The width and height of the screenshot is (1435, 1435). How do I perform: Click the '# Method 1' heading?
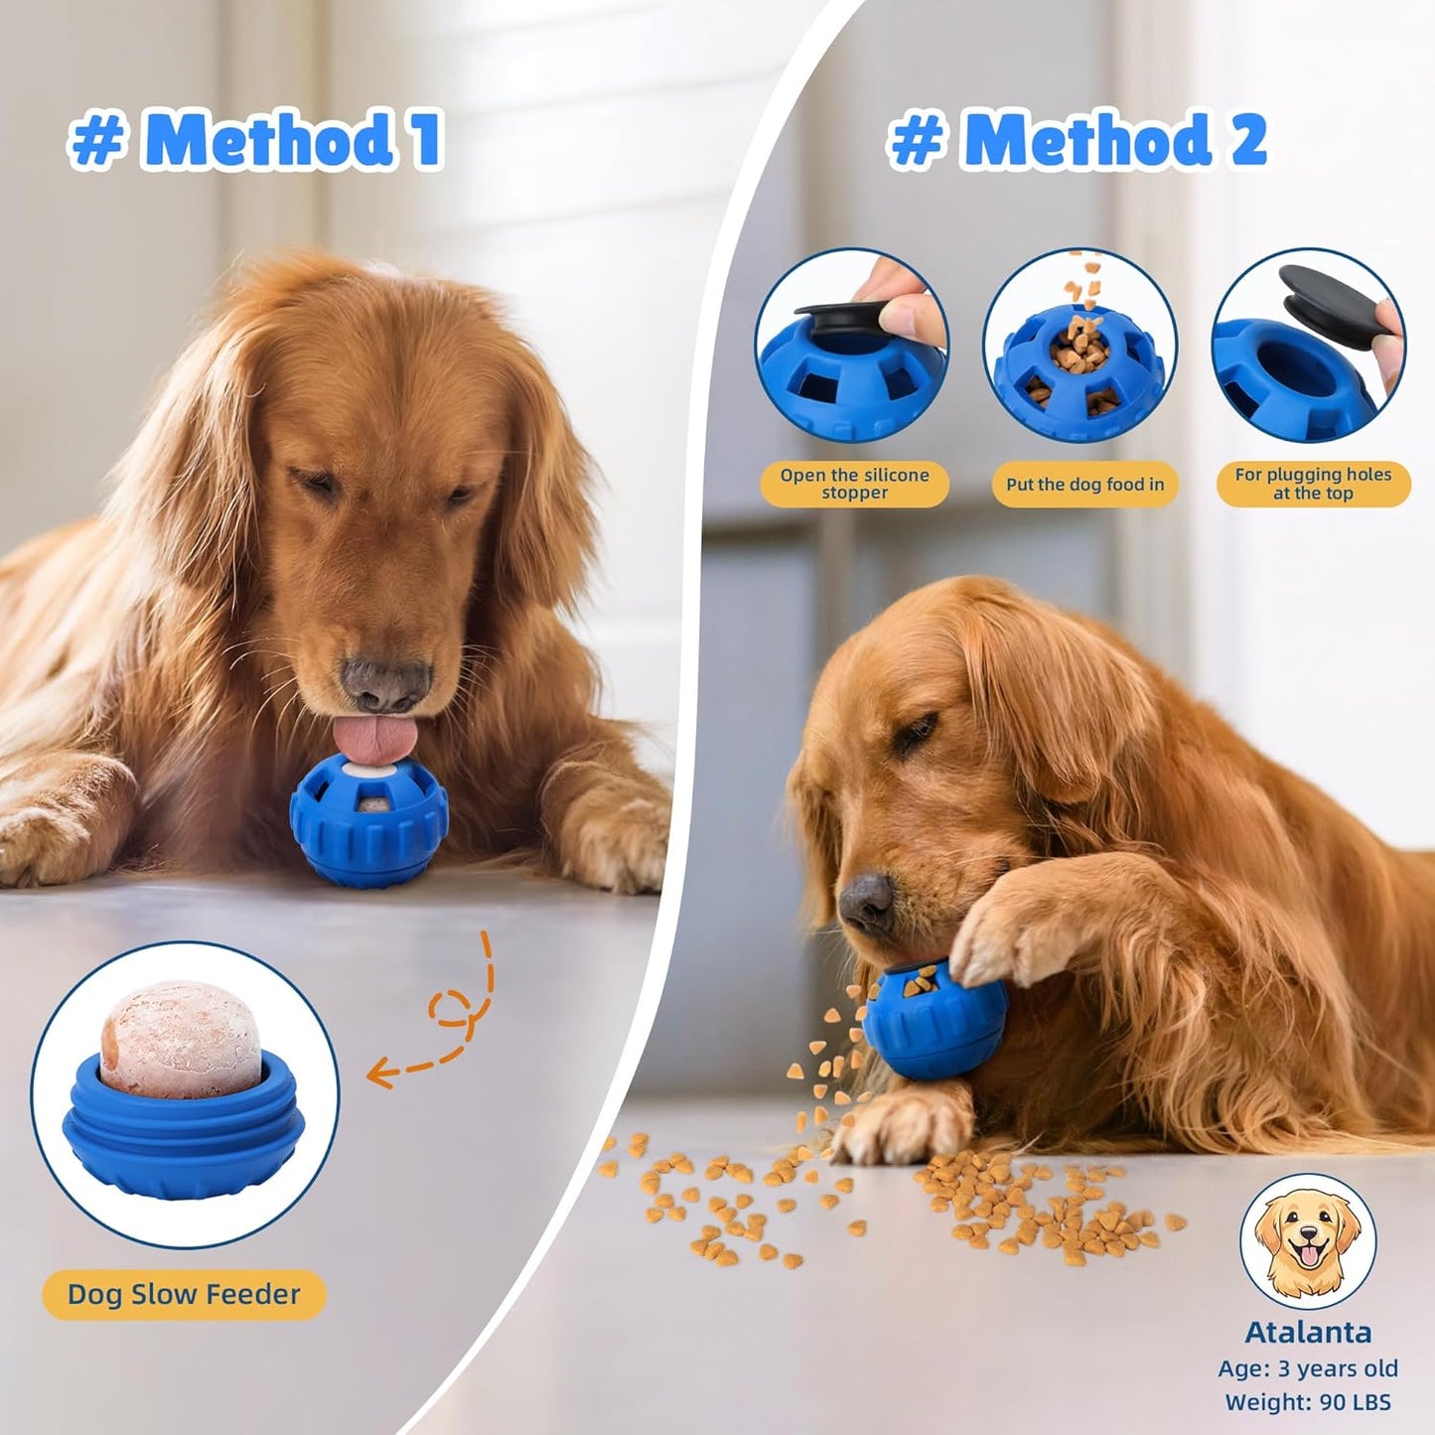(x=255, y=140)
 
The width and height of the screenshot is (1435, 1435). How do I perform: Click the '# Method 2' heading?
(x=1077, y=140)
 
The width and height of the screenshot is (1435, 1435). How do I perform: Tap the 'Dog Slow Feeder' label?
(x=184, y=1294)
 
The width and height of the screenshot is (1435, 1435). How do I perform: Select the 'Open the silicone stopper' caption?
(x=854, y=484)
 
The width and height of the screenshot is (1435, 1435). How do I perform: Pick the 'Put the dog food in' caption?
(x=1084, y=485)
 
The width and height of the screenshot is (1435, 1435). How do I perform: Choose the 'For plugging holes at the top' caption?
(x=1313, y=484)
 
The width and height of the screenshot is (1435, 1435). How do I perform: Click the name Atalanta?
(x=1308, y=1332)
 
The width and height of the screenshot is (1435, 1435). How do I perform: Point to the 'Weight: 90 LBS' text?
(x=1308, y=1401)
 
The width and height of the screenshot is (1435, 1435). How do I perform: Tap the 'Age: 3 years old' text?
(x=1308, y=1367)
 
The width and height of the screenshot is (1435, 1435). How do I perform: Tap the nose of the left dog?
(x=386, y=683)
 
